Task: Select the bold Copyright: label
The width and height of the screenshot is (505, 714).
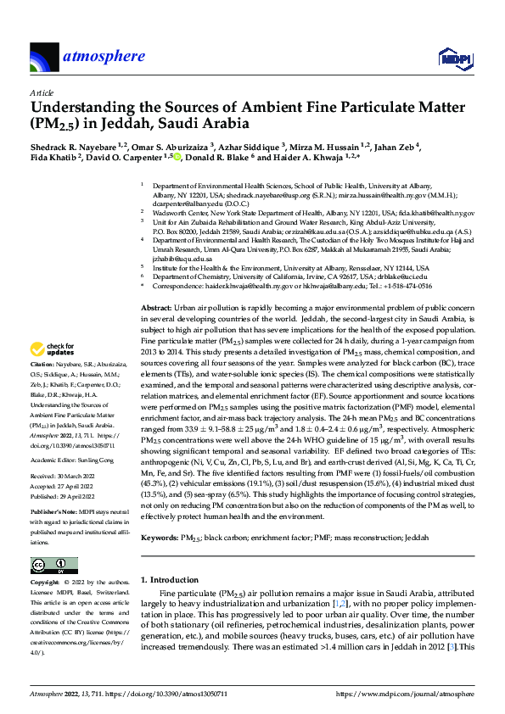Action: coord(47,583)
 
